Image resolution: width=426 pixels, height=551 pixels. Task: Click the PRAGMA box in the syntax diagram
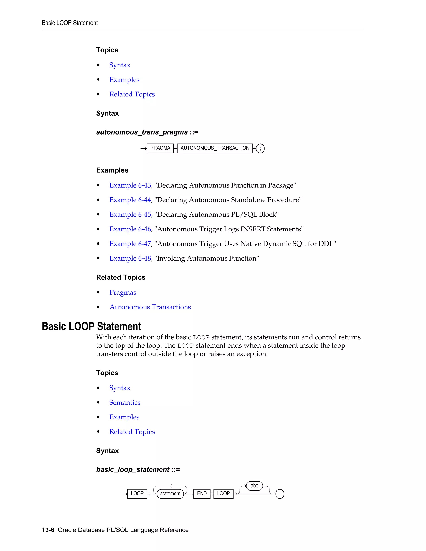pyautogui.click(x=160, y=148)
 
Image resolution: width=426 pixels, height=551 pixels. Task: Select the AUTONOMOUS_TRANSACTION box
pyautogui.click(x=215, y=148)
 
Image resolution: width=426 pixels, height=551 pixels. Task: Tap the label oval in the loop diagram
pyautogui.click(x=254, y=486)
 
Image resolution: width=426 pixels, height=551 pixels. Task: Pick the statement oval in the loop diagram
pyautogui.click(x=170, y=493)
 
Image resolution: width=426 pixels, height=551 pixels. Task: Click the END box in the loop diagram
pyautogui.click(x=202, y=493)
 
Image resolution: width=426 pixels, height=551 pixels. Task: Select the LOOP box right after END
pyautogui.click(x=223, y=493)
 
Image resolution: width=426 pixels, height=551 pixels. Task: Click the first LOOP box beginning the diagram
pyautogui.click(x=137, y=493)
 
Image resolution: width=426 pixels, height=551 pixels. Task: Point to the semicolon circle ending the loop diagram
pyautogui.click(x=280, y=494)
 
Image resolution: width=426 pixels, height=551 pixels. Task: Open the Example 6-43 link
pyautogui.click(x=130, y=185)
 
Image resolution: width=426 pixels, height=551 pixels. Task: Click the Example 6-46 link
pyautogui.click(x=130, y=229)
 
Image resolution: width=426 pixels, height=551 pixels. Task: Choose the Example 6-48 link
pyautogui.click(x=130, y=258)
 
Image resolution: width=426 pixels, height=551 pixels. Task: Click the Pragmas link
pyautogui.click(x=123, y=292)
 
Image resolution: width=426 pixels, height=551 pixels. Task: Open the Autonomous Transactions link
pyautogui.click(x=150, y=307)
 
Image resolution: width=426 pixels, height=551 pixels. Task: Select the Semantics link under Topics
pyautogui.click(x=125, y=402)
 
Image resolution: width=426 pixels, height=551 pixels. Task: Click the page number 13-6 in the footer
pyautogui.click(x=48, y=530)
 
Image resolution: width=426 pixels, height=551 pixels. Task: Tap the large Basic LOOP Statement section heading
pyautogui.click(x=91, y=326)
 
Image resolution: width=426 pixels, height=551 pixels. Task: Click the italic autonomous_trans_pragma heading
pyautogui.click(x=142, y=132)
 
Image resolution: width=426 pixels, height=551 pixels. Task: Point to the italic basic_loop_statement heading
pyautogui.click(x=133, y=469)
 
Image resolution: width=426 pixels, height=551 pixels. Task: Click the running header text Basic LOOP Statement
pyautogui.click(x=70, y=23)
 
